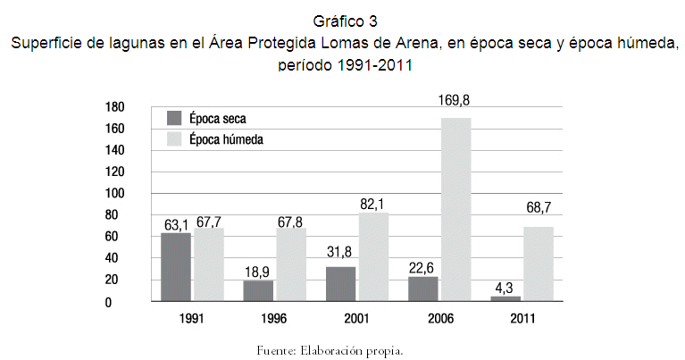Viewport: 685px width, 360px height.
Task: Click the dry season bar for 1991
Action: (177, 266)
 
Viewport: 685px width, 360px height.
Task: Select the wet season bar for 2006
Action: (455, 209)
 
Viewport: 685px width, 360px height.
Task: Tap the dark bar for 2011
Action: (505, 297)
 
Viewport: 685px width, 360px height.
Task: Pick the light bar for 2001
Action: (373, 256)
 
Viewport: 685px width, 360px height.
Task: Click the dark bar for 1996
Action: (259, 290)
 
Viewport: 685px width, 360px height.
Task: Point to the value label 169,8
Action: (455, 101)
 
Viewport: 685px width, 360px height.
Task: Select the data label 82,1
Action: (373, 204)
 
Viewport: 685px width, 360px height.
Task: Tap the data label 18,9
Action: (259, 271)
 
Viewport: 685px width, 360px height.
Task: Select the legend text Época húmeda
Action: (226, 139)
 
